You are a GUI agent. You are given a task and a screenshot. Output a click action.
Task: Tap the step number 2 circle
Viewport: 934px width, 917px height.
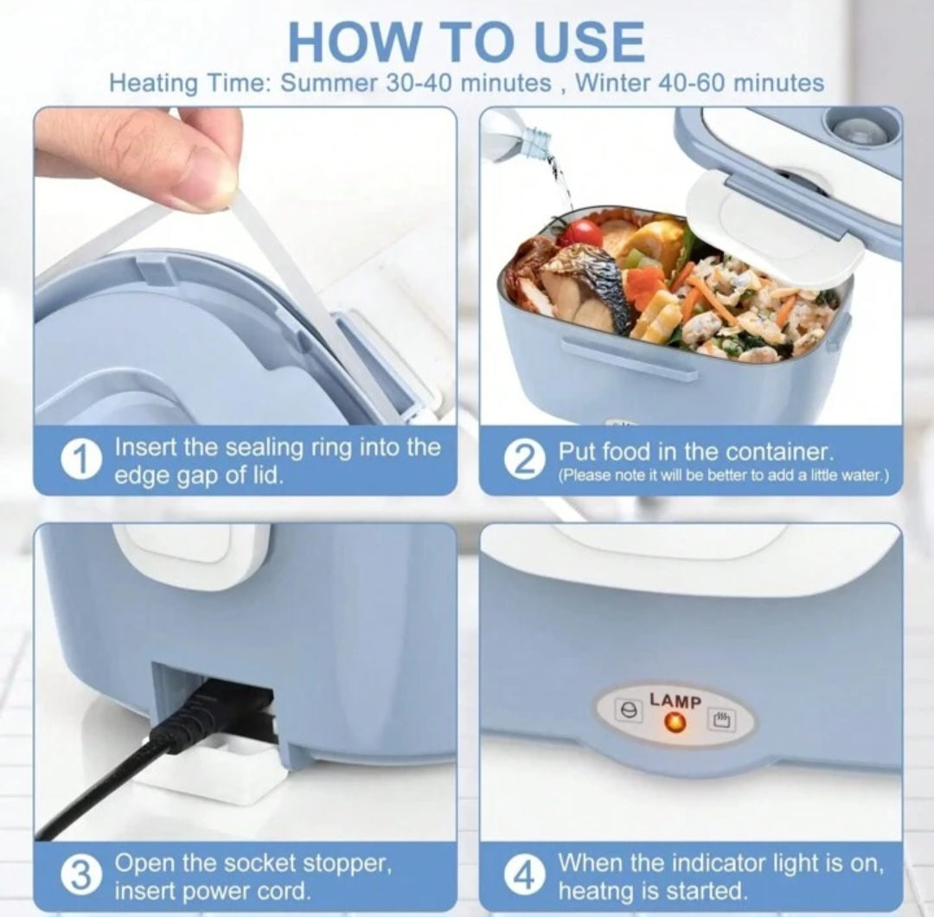click(x=523, y=461)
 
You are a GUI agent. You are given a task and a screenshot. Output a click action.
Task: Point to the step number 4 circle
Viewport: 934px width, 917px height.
click(x=523, y=876)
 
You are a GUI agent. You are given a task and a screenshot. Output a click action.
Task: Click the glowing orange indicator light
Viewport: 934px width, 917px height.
click(x=675, y=723)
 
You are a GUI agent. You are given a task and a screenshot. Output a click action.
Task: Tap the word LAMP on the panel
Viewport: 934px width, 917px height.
click(x=675, y=701)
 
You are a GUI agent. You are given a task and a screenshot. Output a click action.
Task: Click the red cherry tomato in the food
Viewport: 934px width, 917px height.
click(x=583, y=232)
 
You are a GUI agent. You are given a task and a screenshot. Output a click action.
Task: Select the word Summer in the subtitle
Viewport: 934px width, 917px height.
click(x=329, y=83)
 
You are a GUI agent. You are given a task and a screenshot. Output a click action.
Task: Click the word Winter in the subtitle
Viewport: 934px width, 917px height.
click(x=613, y=83)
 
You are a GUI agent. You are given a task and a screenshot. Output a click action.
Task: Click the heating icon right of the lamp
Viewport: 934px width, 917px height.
click(x=721, y=719)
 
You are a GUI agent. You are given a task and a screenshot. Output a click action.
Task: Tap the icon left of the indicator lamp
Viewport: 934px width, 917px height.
click(x=627, y=710)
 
